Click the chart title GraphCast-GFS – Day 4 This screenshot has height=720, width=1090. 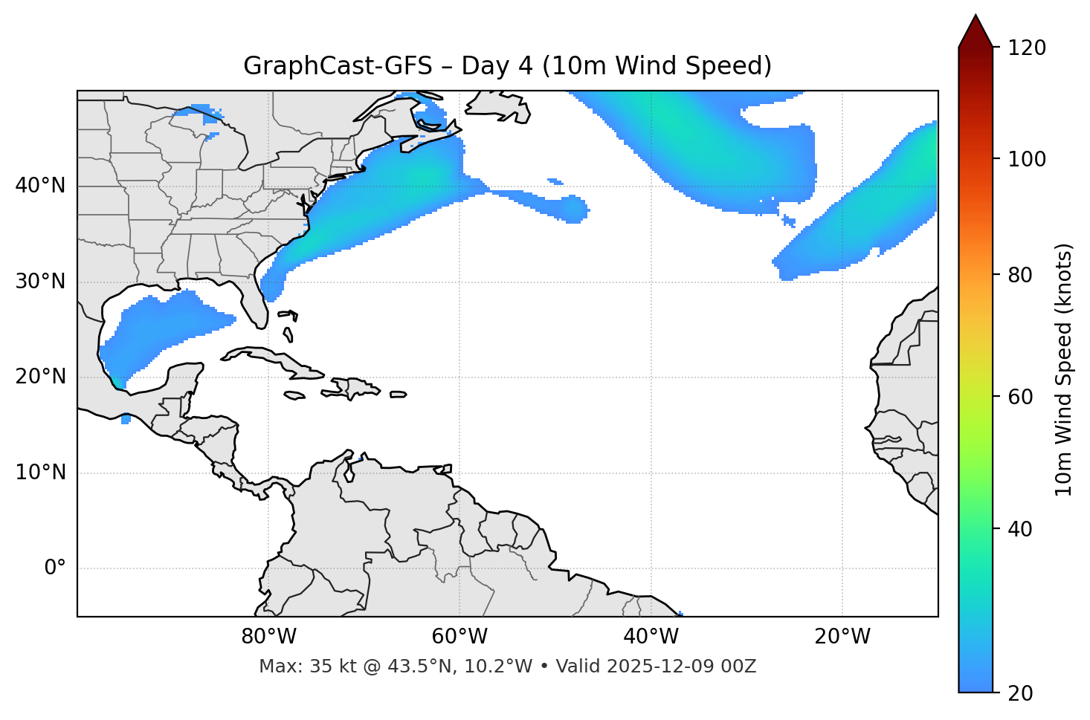507,66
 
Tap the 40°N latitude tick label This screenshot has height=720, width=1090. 40,186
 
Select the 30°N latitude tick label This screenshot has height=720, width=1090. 40,282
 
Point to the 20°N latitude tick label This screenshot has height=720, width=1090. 40,377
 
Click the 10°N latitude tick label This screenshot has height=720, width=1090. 40,473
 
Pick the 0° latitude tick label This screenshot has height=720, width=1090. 54,568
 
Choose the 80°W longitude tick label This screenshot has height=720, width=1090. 268,637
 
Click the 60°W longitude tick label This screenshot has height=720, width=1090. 459,637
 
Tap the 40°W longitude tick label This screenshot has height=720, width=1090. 651,637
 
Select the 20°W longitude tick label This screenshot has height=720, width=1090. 842,637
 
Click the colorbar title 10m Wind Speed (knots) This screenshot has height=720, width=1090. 1064,369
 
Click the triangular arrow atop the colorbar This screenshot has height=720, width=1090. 975,31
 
